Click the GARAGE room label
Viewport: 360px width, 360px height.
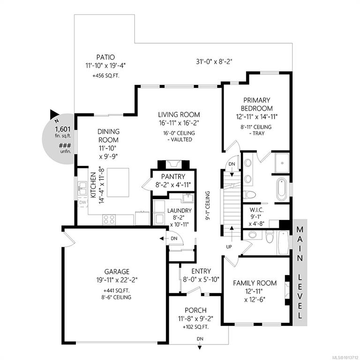[x=117, y=271]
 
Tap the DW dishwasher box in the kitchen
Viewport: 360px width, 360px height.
[x=82, y=202]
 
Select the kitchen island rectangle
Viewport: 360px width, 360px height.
[x=118, y=182]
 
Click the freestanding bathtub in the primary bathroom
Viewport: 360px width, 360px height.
[x=281, y=189]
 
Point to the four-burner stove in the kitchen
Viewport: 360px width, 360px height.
[x=109, y=219]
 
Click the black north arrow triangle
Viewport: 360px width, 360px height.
[x=54, y=114]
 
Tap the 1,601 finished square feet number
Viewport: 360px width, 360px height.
[x=63, y=129]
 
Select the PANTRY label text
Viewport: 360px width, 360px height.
[x=173, y=177]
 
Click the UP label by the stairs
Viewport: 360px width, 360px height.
[x=229, y=247]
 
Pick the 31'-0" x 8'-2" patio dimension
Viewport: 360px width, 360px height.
[x=214, y=61]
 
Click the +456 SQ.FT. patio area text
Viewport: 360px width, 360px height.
[x=106, y=76]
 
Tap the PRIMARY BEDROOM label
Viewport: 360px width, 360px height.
[x=257, y=104]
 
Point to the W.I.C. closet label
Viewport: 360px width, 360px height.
[x=257, y=210]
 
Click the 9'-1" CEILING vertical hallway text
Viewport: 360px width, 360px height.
[x=208, y=206]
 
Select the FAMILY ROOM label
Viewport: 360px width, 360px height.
[x=255, y=283]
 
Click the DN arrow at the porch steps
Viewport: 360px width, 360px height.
[x=200, y=347]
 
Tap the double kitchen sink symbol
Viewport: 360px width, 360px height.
[x=82, y=188]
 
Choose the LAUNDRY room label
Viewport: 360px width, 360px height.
[x=180, y=210]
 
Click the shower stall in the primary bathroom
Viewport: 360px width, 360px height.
[x=282, y=163]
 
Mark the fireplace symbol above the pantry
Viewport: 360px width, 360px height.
[x=173, y=165]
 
